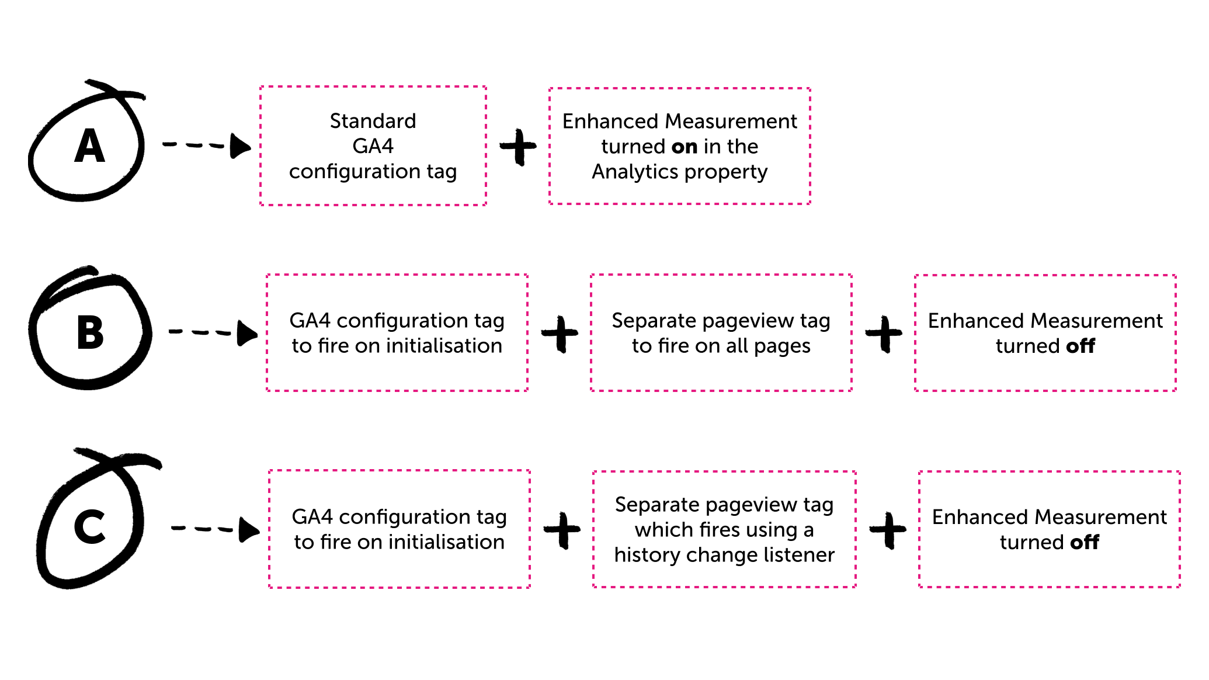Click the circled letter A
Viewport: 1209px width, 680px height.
click(x=89, y=146)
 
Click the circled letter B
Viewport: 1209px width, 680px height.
click(x=90, y=333)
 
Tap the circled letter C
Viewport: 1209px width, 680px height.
click(x=89, y=526)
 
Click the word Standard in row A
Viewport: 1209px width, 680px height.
click(x=373, y=121)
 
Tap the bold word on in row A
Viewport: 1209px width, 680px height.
click(x=684, y=147)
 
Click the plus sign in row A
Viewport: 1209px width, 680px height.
click(x=518, y=147)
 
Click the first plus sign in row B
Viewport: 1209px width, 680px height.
click(x=560, y=334)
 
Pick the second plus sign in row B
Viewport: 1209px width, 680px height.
click(x=884, y=334)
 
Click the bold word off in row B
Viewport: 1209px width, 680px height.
click(x=1080, y=346)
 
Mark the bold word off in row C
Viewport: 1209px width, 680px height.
click(x=1084, y=542)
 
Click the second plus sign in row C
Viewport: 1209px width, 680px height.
click(x=888, y=530)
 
